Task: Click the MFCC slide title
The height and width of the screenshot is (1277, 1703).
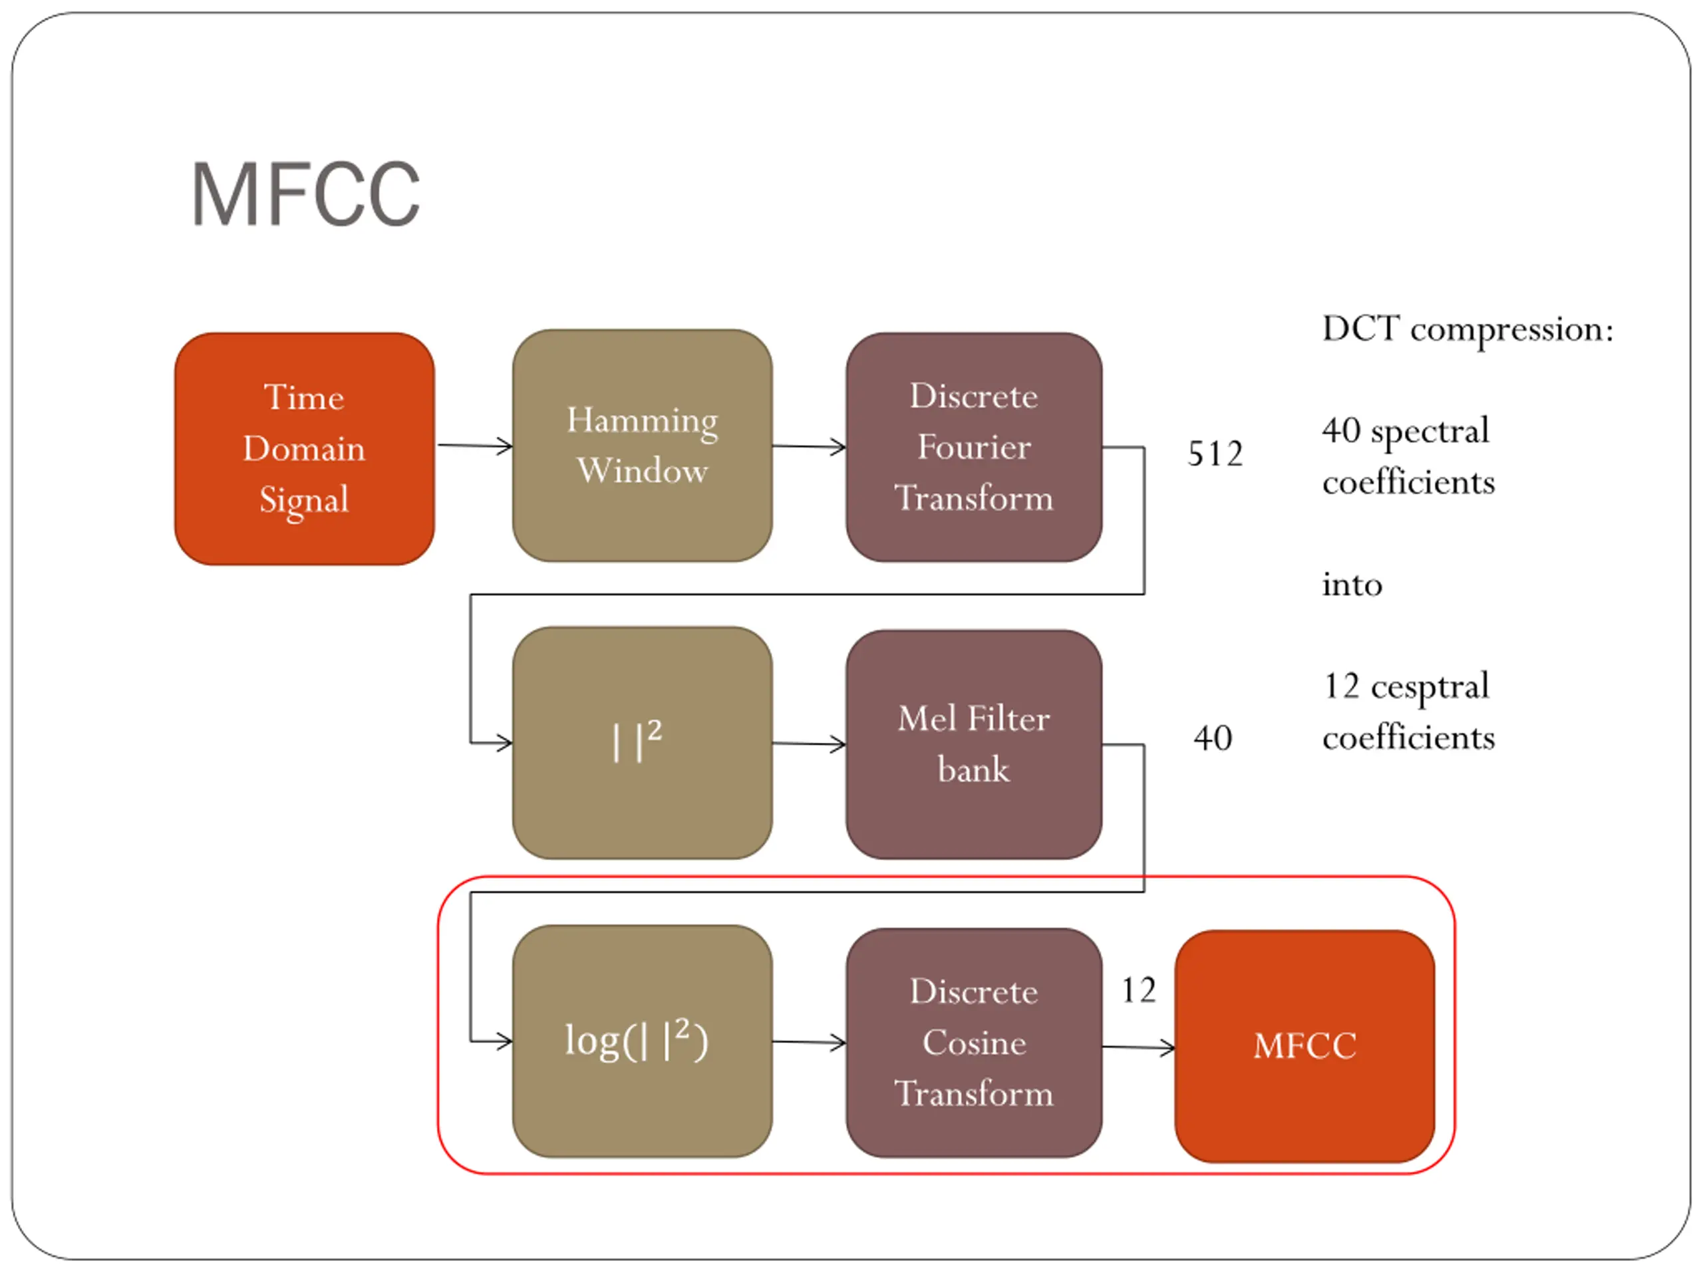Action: tap(305, 194)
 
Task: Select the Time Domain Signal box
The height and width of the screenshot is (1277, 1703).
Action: tap(304, 449)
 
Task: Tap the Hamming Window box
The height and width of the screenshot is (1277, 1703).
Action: tap(642, 446)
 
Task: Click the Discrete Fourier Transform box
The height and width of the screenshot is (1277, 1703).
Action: tap(974, 447)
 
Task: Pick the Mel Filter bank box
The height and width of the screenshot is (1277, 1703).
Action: tap(974, 744)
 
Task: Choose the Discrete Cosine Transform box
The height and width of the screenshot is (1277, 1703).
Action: tap(974, 1043)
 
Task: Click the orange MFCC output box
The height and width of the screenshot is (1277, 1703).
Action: tap(1305, 1046)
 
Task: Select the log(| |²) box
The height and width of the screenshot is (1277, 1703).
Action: tap(642, 1042)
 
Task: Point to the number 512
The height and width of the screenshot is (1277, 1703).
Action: tap(1215, 454)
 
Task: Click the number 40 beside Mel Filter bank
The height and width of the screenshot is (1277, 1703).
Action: tap(1213, 738)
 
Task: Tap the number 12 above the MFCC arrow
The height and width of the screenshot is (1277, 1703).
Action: tap(1138, 990)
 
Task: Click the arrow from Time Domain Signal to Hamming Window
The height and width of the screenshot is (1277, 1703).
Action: tap(475, 446)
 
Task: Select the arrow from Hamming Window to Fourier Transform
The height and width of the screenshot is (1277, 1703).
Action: tap(809, 446)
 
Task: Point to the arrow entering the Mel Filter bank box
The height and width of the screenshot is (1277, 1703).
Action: tap(809, 744)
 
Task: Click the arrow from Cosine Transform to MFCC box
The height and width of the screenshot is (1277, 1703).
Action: tap(1139, 1047)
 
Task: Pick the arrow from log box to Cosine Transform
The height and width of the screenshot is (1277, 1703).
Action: tap(809, 1042)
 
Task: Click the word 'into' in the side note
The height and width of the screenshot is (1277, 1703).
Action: tap(1352, 585)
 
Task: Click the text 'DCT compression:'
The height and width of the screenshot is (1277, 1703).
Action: tap(1468, 330)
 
